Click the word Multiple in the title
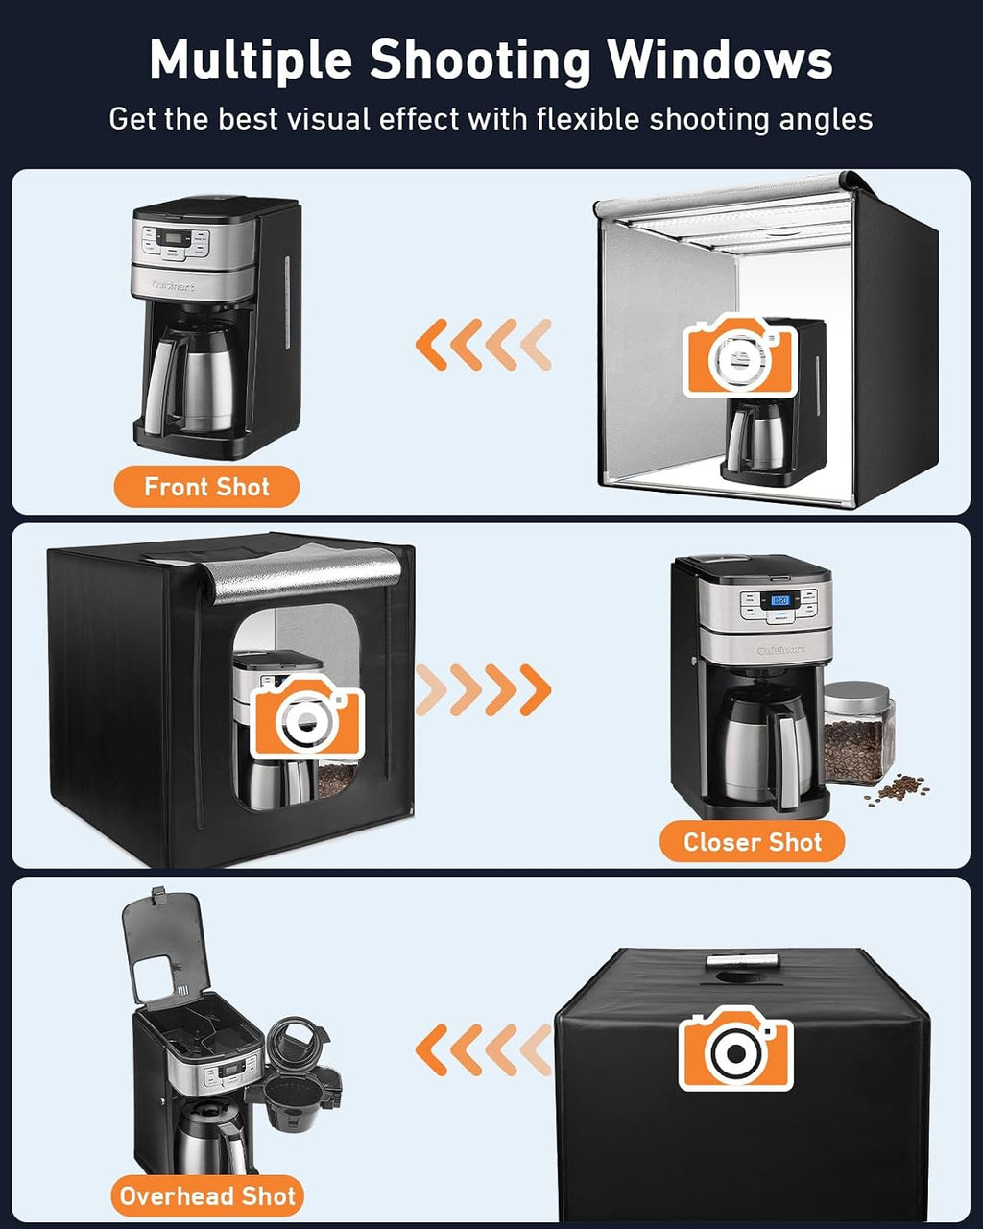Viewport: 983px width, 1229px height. (251, 60)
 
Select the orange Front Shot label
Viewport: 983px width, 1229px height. (206, 487)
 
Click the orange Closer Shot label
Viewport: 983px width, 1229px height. (753, 842)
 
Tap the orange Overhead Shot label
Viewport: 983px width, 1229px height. (207, 1195)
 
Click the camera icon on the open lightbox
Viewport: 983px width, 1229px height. (740, 355)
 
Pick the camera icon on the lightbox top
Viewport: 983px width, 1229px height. (735, 1048)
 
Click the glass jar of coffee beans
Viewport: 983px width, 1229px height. (858, 734)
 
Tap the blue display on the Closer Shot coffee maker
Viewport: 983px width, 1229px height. (779, 600)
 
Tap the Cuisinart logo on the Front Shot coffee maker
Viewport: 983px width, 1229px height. (174, 285)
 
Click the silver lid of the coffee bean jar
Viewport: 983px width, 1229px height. (857, 694)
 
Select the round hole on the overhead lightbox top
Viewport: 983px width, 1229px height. (741, 976)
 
